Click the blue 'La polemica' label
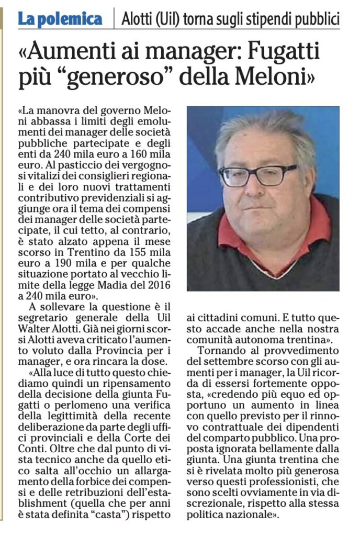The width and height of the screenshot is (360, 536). point(60,19)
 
